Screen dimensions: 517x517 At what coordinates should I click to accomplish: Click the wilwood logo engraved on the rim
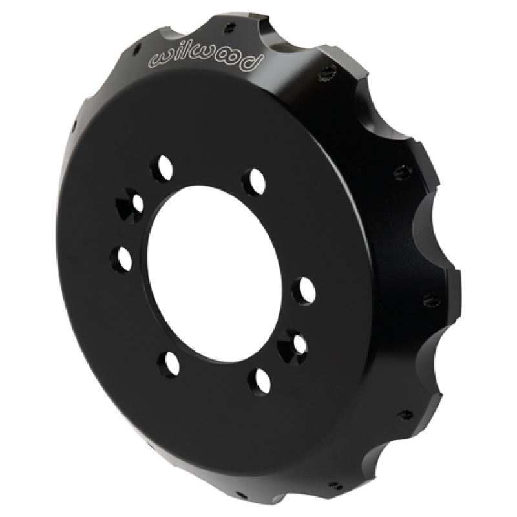click(206, 57)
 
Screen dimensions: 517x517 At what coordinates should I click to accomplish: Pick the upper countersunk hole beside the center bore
click(129, 204)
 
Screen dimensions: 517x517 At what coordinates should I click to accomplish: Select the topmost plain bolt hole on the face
click(161, 169)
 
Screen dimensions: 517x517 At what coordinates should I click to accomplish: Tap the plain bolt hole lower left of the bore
click(171, 363)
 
